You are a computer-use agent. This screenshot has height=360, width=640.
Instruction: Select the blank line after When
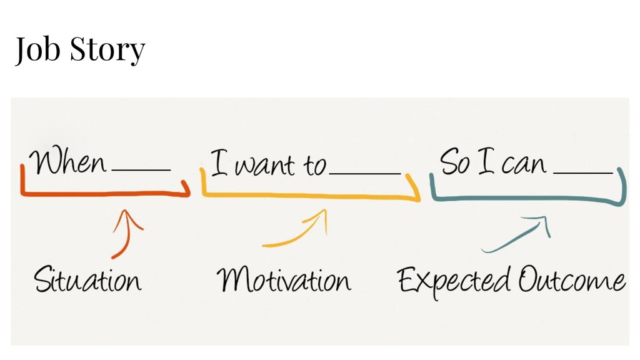(x=141, y=169)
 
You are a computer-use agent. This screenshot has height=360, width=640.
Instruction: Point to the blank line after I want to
(x=364, y=173)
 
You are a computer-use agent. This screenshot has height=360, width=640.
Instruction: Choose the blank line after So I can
(x=582, y=172)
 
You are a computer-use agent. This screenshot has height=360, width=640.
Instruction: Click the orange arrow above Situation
(x=126, y=234)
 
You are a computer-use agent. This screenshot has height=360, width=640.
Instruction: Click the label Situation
(x=87, y=279)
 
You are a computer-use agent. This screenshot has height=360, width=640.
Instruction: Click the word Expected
(x=455, y=281)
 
